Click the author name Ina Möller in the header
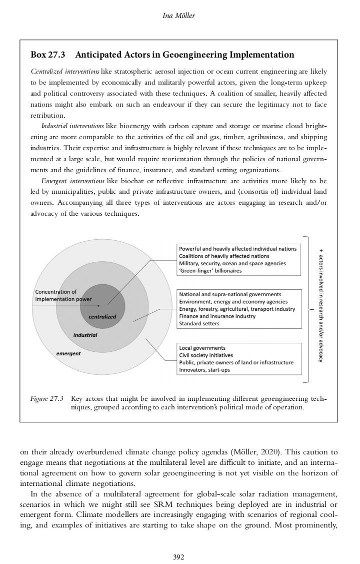pyautogui.click(x=179, y=15)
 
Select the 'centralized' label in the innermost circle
pyautogui.click(x=102, y=316)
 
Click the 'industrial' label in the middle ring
pyautogui.click(x=85, y=334)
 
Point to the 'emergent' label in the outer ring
pyautogui.click(x=68, y=353)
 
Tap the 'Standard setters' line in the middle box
pyautogui.click(x=199, y=323)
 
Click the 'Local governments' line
pyautogui.click(x=202, y=348)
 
